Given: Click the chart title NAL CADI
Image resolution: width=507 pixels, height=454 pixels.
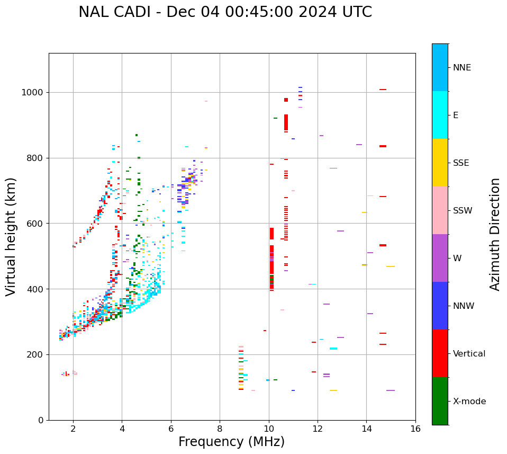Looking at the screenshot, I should point(225,12).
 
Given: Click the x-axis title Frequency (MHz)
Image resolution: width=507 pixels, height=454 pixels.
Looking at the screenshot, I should point(231,442).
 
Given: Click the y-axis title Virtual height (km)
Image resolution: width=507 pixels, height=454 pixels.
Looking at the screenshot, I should point(11,237).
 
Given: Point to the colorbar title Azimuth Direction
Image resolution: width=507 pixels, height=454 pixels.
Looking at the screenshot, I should point(495,234).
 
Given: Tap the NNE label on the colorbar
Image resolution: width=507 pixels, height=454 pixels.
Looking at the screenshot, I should point(462,68).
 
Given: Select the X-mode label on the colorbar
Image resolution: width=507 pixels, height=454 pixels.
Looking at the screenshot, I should point(469,402).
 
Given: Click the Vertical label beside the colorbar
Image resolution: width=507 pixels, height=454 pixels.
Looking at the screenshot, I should point(469,354).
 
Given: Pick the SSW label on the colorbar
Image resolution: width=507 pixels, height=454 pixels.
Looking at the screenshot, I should point(463,211).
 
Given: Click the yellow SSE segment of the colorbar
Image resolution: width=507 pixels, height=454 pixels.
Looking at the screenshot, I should point(440,163).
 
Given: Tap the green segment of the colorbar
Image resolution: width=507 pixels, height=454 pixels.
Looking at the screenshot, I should point(440,401).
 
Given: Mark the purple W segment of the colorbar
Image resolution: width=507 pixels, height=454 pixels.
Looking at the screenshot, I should point(440,258).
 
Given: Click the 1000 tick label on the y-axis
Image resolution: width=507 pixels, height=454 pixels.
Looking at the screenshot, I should point(33,93).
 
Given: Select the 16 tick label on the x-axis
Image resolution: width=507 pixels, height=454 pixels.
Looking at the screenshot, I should point(415,429).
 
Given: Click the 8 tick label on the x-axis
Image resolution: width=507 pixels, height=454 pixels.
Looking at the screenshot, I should point(220,429).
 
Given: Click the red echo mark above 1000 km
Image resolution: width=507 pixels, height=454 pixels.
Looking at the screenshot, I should point(383,90).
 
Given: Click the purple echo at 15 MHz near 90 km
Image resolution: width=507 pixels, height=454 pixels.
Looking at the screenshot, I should point(391,390).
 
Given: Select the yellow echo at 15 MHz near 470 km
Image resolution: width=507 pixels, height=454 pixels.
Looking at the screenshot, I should point(391,266).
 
